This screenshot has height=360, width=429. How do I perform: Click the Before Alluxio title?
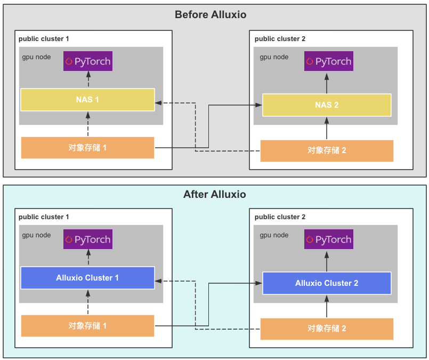pos(211,14)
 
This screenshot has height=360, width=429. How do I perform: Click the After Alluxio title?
pos(214,194)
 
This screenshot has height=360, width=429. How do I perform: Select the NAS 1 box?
pos(87,100)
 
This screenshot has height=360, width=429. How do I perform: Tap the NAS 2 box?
pos(327,105)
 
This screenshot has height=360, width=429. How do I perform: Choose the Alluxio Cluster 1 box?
pos(87,278)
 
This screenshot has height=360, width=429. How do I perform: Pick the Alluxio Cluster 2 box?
pos(327,283)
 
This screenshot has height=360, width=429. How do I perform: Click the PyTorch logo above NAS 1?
pos(88,61)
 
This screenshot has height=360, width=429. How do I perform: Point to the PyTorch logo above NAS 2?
pos(329,61)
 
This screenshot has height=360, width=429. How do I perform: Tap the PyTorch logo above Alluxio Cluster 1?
pos(88,239)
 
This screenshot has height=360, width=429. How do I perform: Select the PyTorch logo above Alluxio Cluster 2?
pos(329,239)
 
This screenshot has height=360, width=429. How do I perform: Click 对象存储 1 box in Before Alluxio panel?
pos(87,148)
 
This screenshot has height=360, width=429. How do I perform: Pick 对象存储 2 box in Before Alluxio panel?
pos(327,151)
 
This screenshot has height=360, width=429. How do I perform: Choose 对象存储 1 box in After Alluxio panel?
pos(87,326)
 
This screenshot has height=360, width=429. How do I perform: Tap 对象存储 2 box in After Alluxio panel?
pos(327,329)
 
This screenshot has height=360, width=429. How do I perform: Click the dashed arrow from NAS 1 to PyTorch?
pos(88,79)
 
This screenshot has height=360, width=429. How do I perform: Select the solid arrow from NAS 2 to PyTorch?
pos(327,83)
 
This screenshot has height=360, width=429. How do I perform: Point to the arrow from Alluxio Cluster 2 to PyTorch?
pos(327,261)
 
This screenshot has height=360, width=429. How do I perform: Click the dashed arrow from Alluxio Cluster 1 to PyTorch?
pos(88,258)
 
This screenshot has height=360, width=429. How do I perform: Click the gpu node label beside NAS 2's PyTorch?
pos(274,57)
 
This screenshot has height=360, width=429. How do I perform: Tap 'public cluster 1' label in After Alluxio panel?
pos(44,217)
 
